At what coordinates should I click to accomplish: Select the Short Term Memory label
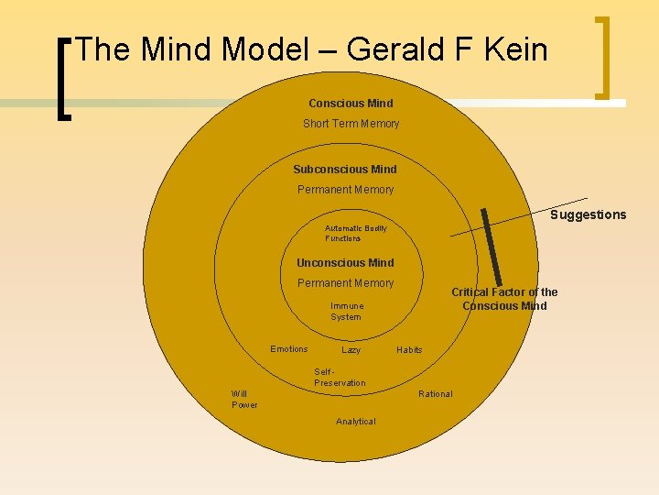coord(351,124)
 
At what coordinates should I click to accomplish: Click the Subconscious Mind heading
coord(345,170)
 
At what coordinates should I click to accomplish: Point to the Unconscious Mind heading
coord(345,263)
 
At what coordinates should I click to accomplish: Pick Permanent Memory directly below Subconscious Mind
coord(345,190)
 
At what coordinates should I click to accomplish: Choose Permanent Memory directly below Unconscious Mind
coord(345,283)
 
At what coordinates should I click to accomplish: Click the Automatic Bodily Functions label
coord(355,233)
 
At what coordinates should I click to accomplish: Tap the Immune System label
coord(346,312)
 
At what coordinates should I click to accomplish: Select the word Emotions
coord(289,349)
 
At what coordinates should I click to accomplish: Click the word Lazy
coord(351,350)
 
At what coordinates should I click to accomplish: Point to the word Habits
coord(409,350)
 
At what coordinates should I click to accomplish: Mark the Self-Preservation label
coord(339,378)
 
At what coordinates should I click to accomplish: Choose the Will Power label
coord(243,400)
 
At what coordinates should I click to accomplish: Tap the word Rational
coord(435,394)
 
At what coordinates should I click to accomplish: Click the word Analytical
coord(355,422)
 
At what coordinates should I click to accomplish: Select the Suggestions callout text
coord(588,215)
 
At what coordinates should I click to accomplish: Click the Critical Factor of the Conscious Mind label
coord(504,299)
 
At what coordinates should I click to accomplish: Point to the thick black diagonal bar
coord(492,247)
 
